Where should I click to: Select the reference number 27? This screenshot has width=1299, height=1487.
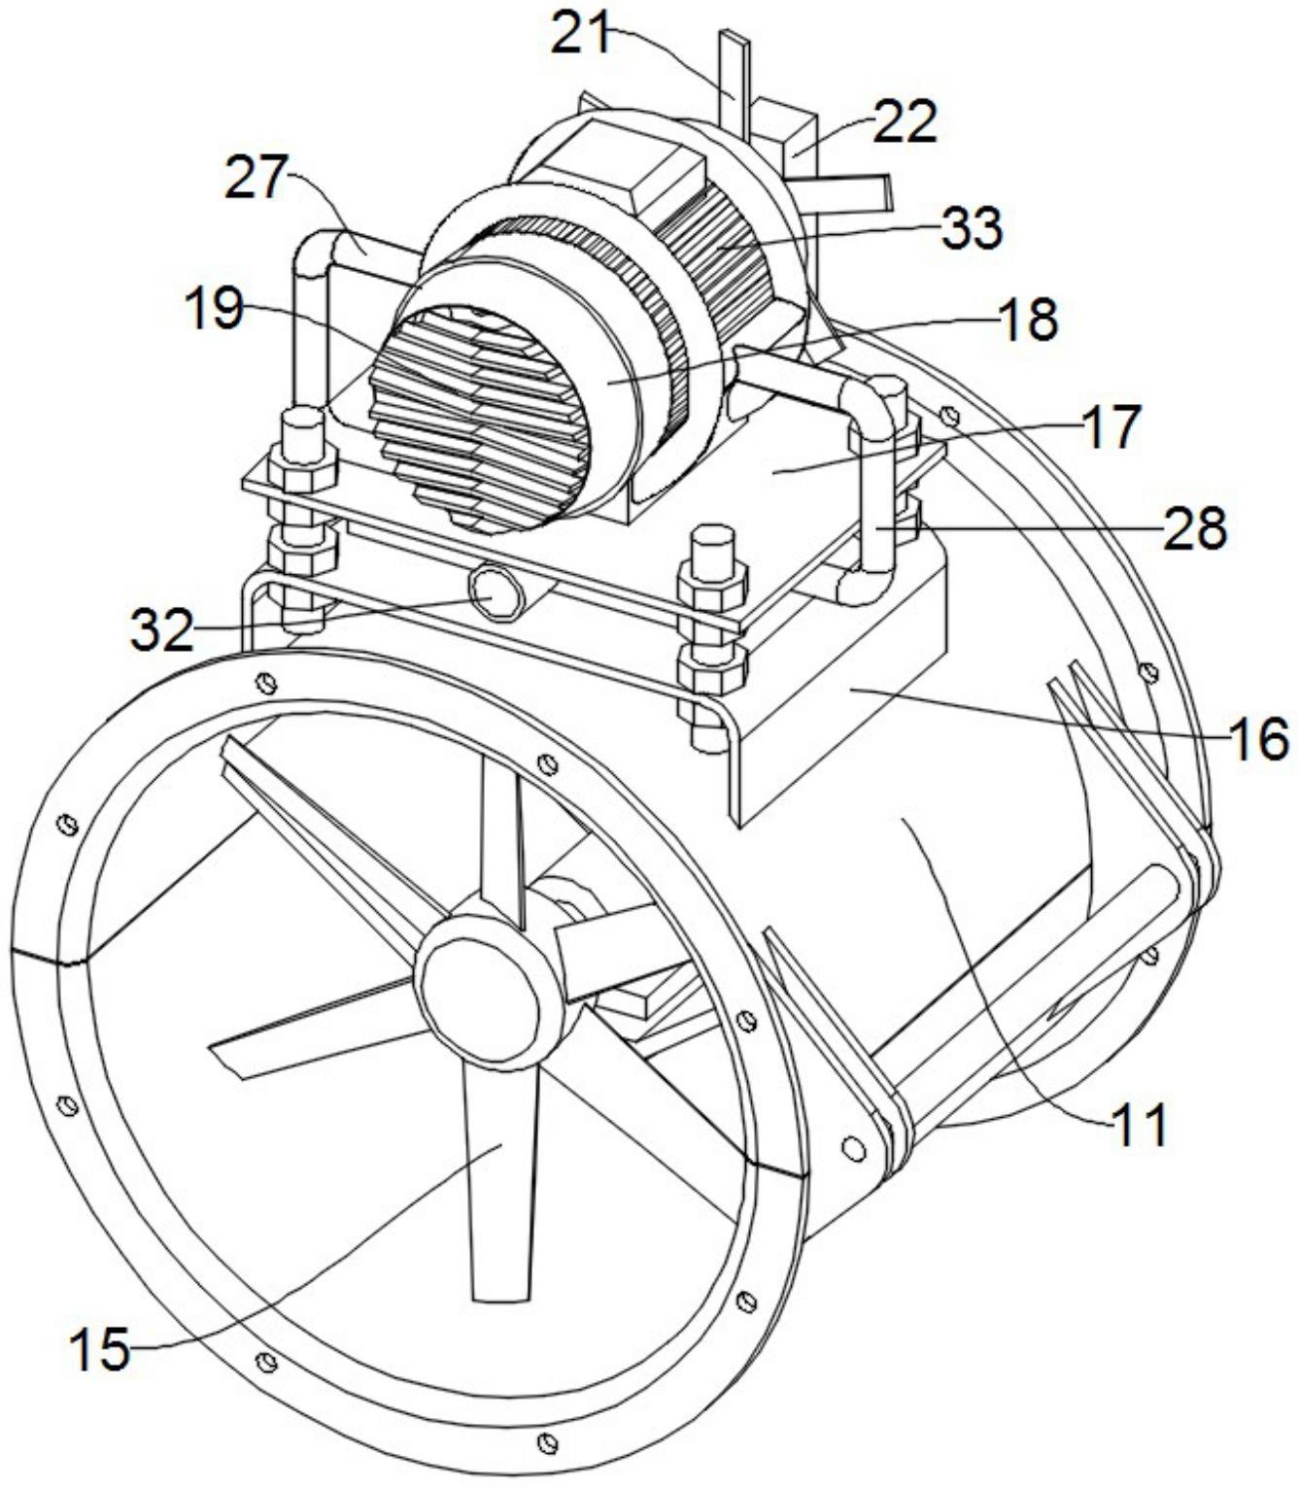[x=256, y=179]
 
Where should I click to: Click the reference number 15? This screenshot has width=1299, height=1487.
[x=100, y=1350]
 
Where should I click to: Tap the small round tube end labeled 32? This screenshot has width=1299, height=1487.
[x=497, y=593]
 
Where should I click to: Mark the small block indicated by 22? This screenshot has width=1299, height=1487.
[x=789, y=131]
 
